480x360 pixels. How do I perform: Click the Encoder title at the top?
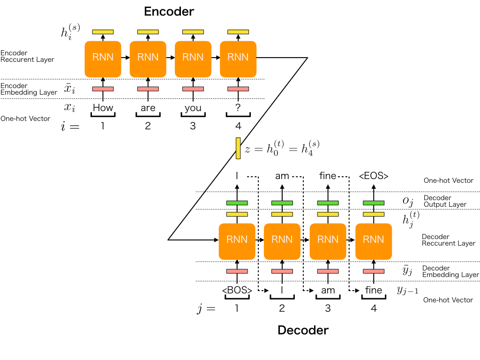[169, 11]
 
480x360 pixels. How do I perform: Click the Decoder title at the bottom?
[303, 330]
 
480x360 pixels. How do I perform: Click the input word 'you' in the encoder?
[193, 108]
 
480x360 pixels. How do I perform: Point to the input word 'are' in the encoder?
[148, 108]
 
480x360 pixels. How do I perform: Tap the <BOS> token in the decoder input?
[237, 290]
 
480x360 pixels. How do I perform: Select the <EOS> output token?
[374, 176]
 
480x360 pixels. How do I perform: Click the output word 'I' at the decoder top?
[237, 176]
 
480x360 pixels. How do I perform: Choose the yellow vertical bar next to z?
[238, 148]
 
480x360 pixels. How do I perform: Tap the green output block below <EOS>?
[374, 202]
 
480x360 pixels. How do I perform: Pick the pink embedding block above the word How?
[103, 89]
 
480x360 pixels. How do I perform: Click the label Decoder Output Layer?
[445, 201]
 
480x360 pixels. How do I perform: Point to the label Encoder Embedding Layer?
[29, 89]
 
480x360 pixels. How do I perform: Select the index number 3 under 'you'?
[193, 126]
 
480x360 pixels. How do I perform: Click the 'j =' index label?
[206, 308]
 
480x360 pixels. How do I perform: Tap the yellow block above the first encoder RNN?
[103, 32]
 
